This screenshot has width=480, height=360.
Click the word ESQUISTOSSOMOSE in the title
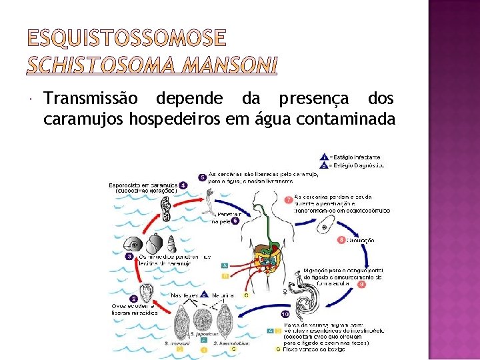126,39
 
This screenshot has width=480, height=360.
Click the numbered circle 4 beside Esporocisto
183,185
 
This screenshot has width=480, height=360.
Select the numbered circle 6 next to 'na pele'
235,221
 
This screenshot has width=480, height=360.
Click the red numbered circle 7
288,199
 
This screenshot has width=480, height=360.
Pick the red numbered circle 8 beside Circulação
342,239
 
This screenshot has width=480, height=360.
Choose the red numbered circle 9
361,284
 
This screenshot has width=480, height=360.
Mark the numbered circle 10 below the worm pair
285,314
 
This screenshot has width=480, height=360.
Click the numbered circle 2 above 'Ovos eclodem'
134,299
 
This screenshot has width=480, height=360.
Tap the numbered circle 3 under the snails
129,255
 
